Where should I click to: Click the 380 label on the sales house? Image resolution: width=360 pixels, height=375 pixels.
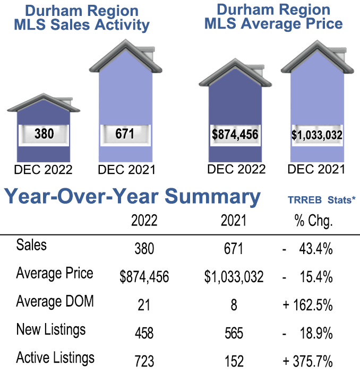(x=44, y=134)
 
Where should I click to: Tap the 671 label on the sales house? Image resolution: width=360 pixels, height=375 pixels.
(x=125, y=134)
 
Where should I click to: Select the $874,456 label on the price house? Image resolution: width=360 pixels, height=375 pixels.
(x=235, y=134)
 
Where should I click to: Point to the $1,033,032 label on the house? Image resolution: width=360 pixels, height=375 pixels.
(x=316, y=135)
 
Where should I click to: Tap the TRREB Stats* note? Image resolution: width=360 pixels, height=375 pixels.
(x=320, y=200)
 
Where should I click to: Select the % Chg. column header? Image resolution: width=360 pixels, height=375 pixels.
(x=313, y=221)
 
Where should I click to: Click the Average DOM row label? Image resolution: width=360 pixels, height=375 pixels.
(x=55, y=301)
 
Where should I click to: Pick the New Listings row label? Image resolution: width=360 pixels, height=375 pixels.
(x=51, y=329)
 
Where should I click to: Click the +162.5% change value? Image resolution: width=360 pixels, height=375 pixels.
(x=308, y=305)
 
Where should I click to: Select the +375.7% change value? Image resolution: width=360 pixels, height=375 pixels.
(x=308, y=361)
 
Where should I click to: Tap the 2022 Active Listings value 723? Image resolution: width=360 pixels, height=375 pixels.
(x=144, y=361)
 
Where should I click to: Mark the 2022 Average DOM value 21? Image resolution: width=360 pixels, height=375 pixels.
(x=144, y=305)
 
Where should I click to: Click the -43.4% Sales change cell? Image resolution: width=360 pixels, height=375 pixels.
(x=308, y=249)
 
